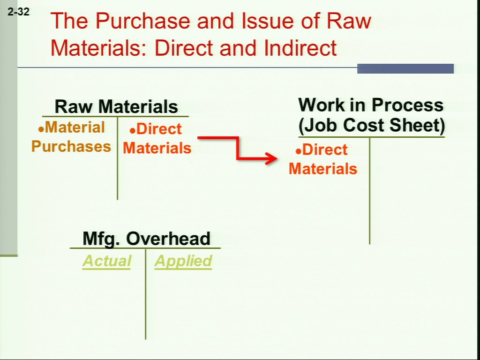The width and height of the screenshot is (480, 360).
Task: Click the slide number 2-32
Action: point(18,12)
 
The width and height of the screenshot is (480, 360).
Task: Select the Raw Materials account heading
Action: point(116,106)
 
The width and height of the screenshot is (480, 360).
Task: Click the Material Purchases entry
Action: point(71,137)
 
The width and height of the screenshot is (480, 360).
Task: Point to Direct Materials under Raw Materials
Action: point(157,138)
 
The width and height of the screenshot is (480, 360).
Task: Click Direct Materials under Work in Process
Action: point(323,159)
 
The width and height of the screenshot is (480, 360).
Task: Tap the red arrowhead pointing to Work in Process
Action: point(271,158)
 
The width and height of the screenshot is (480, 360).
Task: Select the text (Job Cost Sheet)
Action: point(372,125)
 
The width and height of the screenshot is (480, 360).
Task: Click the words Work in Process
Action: point(371,105)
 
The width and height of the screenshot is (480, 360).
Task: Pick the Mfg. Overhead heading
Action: point(147,239)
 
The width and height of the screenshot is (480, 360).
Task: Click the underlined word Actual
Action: point(106,261)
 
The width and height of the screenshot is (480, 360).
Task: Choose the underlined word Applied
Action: point(183,261)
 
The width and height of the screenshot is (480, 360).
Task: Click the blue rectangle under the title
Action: point(405,68)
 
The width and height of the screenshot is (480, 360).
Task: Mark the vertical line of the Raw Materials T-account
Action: point(117,158)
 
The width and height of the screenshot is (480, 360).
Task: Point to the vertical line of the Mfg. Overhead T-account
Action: point(145,294)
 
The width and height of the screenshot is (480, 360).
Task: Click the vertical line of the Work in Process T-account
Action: point(369,191)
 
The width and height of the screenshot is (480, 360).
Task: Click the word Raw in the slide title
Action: point(349,21)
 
